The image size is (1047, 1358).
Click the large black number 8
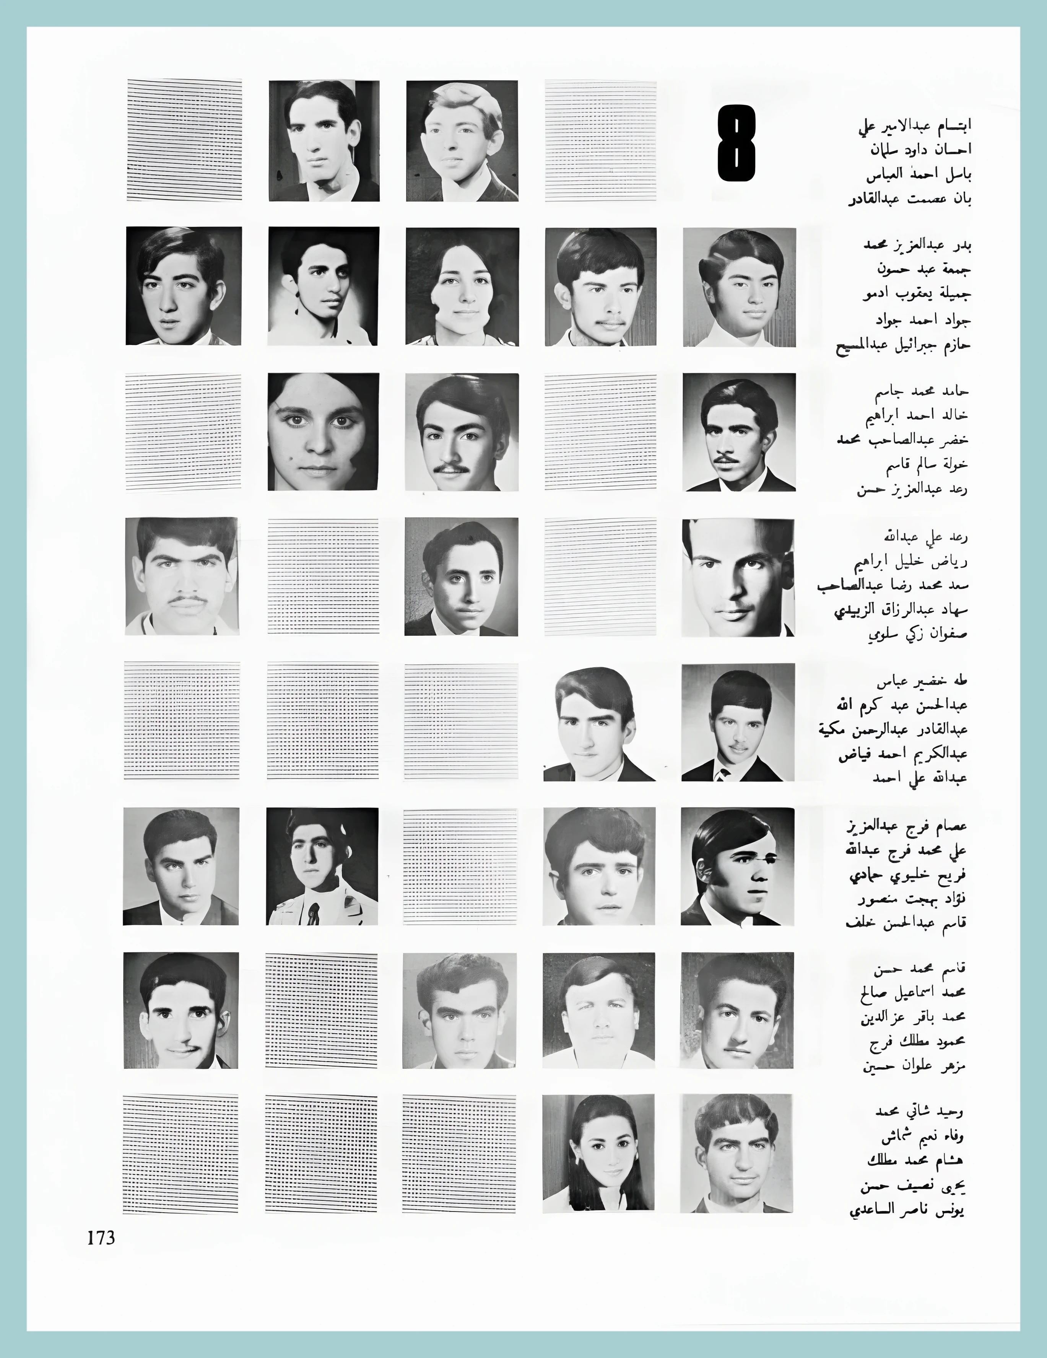click(737, 143)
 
